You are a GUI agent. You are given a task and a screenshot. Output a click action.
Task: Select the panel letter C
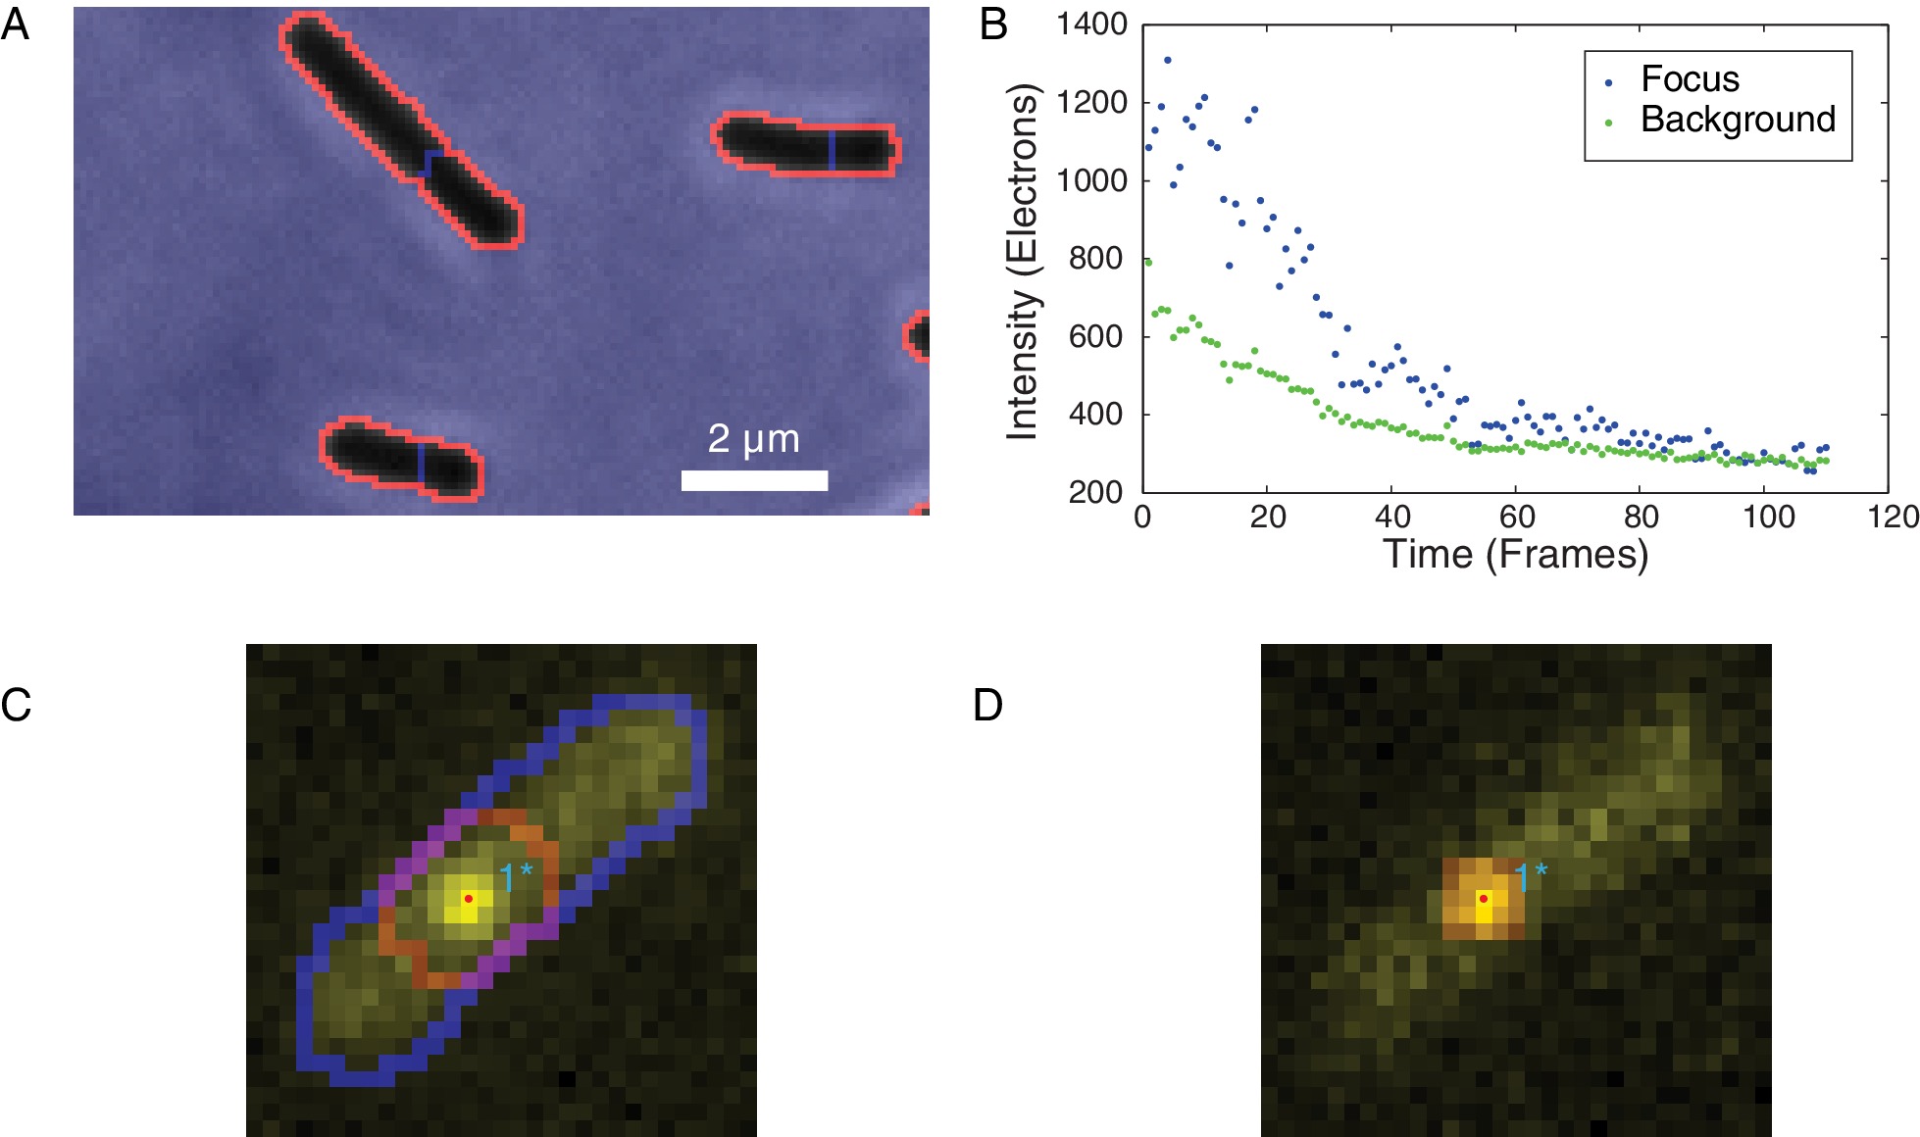(16, 705)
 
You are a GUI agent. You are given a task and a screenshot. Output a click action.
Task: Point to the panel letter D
(987, 705)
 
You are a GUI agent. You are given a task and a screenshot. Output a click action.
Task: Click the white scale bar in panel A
(754, 480)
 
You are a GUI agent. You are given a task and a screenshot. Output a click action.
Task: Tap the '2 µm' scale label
(753, 438)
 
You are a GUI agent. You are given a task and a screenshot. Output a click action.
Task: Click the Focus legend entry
(1690, 79)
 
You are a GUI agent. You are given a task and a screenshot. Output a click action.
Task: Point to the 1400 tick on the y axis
(1091, 25)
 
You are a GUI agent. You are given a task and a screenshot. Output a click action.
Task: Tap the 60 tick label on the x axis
(1516, 517)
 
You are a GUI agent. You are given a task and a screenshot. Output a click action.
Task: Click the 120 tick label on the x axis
(1893, 517)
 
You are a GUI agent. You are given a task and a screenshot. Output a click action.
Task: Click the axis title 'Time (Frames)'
(1515, 555)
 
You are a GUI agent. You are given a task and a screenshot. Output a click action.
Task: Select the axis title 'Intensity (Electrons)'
(1022, 261)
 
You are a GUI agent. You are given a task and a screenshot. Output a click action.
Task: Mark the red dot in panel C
(468, 898)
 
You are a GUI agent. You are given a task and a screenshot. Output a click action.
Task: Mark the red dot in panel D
(1483, 898)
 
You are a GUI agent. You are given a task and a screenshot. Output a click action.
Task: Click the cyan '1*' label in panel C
(516, 874)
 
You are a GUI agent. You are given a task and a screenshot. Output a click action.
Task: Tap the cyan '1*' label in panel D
(1531, 874)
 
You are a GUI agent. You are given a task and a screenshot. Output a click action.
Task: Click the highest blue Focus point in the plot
(1167, 60)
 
